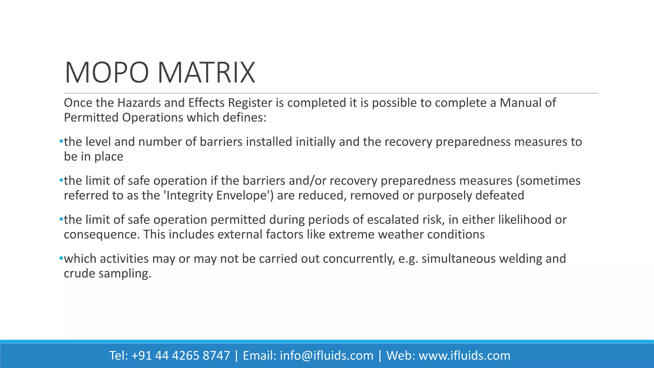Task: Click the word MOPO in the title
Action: pyautogui.click(x=107, y=73)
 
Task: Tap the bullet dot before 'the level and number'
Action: pyautogui.click(x=61, y=142)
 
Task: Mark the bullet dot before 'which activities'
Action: pyautogui.click(x=61, y=258)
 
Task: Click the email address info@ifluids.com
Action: pyautogui.click(x=326, y=356)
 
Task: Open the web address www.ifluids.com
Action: pyautogui.click(x=464, y=356)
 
